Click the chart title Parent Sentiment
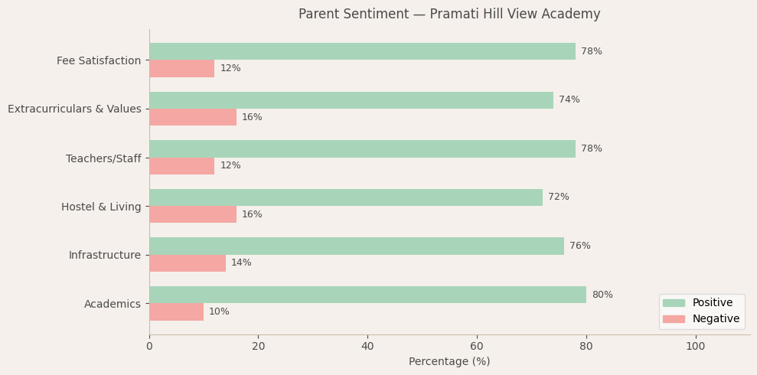449,15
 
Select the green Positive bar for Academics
367,295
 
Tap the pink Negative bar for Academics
176,311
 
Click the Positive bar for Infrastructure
357,246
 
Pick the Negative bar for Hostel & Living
193,214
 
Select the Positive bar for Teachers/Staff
362,148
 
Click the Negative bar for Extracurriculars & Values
193,117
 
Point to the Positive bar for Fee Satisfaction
362,51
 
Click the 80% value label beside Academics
602,295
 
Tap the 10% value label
219,311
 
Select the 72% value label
558,197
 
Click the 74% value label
569,100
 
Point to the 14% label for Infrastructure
241,263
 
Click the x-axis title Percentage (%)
449,362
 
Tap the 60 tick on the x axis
477,347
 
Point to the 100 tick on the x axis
695,347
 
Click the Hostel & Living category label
101,207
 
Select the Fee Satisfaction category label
99,60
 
